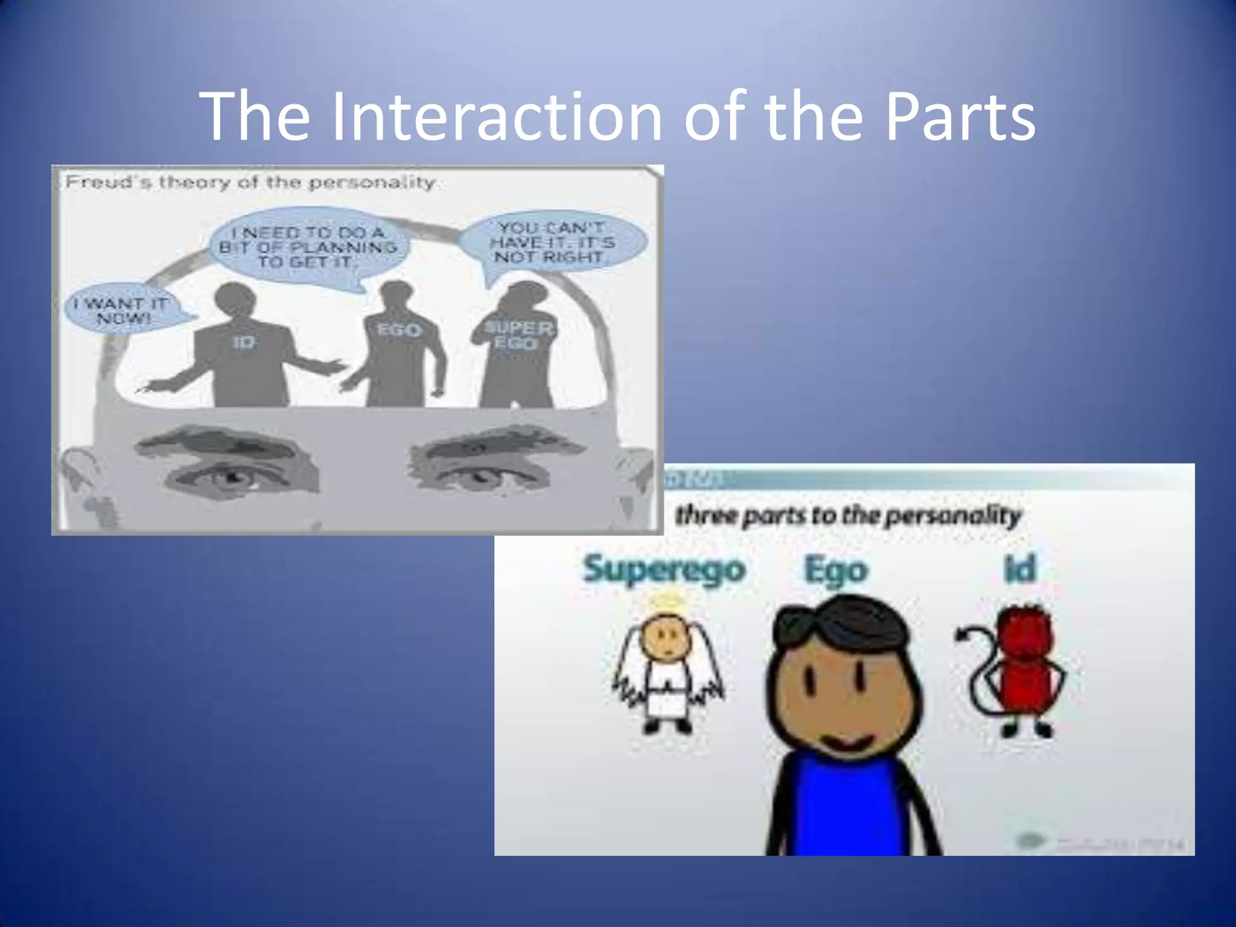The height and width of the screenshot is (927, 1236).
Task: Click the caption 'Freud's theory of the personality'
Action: [x=250, y=182]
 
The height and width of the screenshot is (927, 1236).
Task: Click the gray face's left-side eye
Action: [x=232, y=477]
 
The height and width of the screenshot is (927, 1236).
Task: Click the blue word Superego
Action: [x=664, y=569]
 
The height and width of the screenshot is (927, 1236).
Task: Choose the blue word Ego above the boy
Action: [x=836, y=570]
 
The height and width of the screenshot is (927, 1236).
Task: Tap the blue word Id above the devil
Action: [x=1020, y=569]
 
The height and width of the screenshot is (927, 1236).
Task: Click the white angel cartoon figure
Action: [x=667, y=670]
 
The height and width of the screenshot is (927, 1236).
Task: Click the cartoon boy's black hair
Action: [x=839, y=622]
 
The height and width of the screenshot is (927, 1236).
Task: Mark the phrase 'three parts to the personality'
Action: [x=848, y=516]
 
